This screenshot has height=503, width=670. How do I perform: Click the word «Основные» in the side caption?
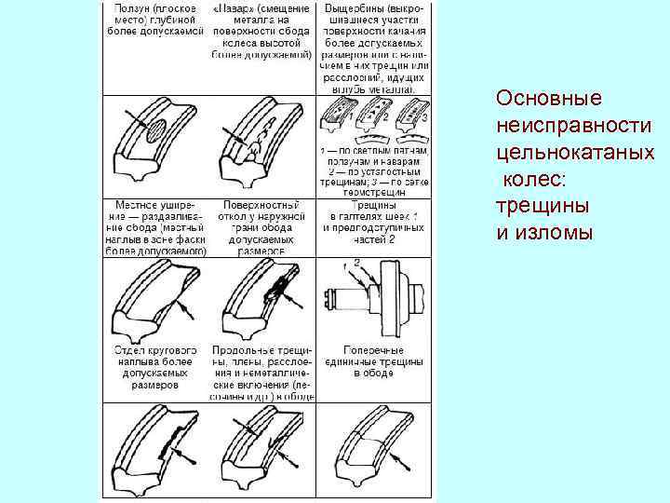536,99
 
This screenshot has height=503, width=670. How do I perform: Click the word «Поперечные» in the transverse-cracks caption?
375,348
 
